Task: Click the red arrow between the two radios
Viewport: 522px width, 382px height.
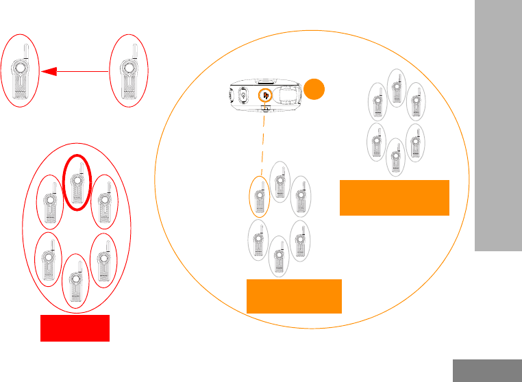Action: (75, 69)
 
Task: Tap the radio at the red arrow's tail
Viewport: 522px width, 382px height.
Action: (128, 69)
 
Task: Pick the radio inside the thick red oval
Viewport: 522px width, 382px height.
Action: (77, 183)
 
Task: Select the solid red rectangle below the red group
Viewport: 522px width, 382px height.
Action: (75, 329)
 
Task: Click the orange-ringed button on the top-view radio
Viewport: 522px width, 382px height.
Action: (264, 96)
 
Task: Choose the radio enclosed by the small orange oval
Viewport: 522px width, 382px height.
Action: (259, 199)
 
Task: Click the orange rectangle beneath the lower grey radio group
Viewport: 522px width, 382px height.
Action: (294, 296)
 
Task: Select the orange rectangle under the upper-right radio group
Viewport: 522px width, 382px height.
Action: (394, 198)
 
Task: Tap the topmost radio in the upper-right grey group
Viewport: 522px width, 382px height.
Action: (395, 87)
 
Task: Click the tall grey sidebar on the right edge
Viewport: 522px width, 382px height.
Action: (497, 127)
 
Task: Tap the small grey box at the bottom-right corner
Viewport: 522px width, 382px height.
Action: (487, 370)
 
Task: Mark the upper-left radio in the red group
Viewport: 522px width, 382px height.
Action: (49, 203)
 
